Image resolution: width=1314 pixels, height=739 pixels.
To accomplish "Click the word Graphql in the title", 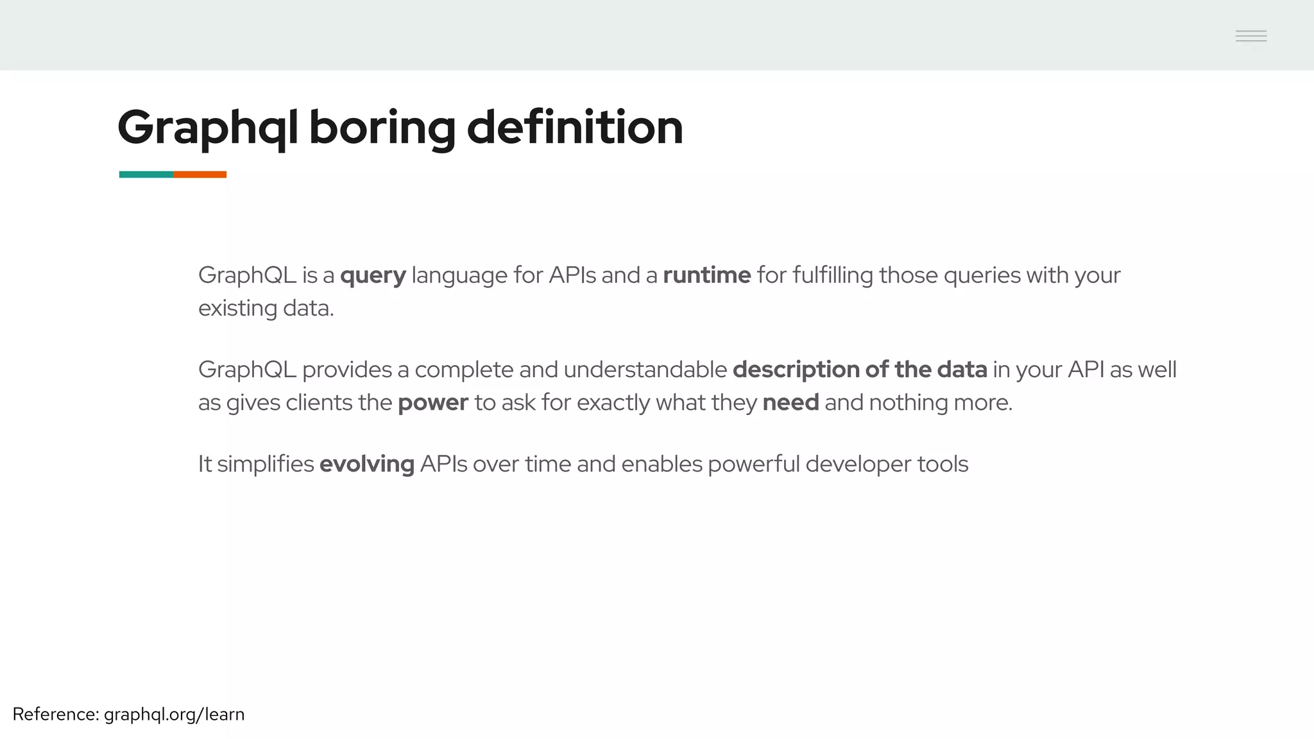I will (207, 128).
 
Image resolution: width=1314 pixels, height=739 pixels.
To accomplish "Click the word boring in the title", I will (382, 128).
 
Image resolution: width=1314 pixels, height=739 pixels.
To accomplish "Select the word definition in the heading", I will (574, 128).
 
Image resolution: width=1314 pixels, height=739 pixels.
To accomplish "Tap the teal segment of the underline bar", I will (146, 174).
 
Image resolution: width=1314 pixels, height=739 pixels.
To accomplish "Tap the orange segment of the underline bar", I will (200, 174).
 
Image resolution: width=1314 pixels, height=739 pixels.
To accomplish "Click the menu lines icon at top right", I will (1250, 36).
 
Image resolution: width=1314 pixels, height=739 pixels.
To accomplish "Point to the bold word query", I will (373, 276).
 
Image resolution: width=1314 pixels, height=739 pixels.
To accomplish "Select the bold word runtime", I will (706, 275).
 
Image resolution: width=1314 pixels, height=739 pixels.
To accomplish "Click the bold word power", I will (432, 403).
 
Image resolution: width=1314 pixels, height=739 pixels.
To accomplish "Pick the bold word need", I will (790, 402).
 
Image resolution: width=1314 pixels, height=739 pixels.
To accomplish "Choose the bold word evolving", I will (366, 464).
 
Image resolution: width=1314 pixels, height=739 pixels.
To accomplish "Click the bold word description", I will (796, 370).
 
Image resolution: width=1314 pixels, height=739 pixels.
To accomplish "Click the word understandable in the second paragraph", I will (645, 369).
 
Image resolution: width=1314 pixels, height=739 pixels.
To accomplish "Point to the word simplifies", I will (265, 464).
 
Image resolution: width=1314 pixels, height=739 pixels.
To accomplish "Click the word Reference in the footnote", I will (55, 714).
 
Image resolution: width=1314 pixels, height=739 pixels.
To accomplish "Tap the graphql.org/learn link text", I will (174, 715).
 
